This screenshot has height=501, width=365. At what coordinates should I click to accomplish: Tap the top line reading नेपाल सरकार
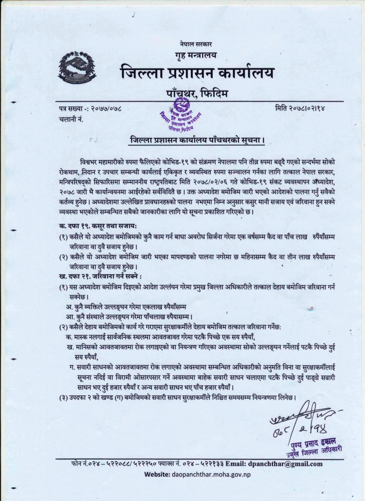click(x=195, y=46)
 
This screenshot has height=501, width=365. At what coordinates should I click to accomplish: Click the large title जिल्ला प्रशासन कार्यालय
click(x=196, y=73)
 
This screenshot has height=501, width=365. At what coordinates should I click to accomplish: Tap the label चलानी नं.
click(x=69, y=119)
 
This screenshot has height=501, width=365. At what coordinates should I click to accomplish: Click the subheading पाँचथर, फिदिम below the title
click(x=196, y=93)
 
